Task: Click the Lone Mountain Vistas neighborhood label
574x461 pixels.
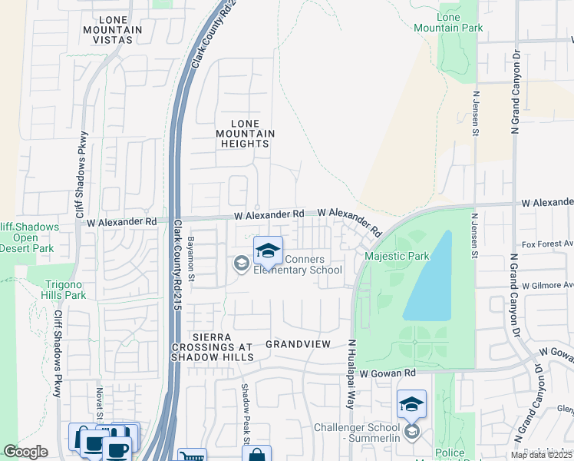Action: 113,30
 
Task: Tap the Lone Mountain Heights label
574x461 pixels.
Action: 245,134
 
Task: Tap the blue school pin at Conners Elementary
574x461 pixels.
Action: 268,251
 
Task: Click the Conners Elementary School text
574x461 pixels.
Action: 298,264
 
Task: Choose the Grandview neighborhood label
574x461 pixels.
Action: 297,345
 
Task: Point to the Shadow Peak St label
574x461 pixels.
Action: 246,407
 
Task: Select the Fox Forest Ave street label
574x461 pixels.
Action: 548,244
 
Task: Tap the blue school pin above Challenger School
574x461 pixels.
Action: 411,403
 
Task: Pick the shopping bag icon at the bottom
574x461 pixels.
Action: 256,454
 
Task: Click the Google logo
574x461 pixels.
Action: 25,452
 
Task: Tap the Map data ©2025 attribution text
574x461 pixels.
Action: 540,455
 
